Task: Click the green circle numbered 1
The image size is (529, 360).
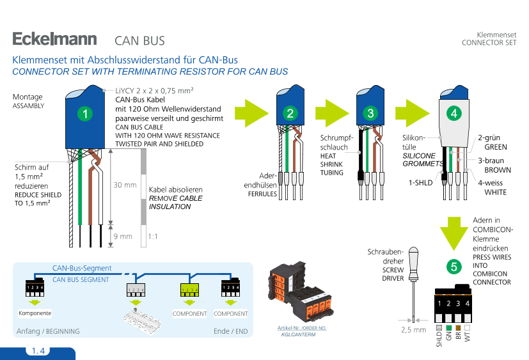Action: [x=84, y=114]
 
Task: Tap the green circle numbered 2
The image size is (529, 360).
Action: [x=290, y=114]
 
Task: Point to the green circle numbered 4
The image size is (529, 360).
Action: [x=454, y=113]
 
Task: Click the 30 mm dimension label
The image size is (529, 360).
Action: [x=125, y=185]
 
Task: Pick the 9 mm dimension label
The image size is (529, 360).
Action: [x=123, y=237]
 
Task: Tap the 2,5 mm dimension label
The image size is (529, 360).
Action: [x=413, y=330]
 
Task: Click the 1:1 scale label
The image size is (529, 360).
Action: [x=153, y=237]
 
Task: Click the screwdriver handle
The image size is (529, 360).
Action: [x=414, y=262]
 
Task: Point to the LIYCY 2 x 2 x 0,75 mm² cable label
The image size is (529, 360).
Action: [x=154, y=91]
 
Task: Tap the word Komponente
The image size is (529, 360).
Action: [x=35, y=313]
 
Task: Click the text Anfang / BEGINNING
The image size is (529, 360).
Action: [x=47, y=331]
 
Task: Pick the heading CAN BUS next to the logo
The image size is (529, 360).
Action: [x=139, y=41]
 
